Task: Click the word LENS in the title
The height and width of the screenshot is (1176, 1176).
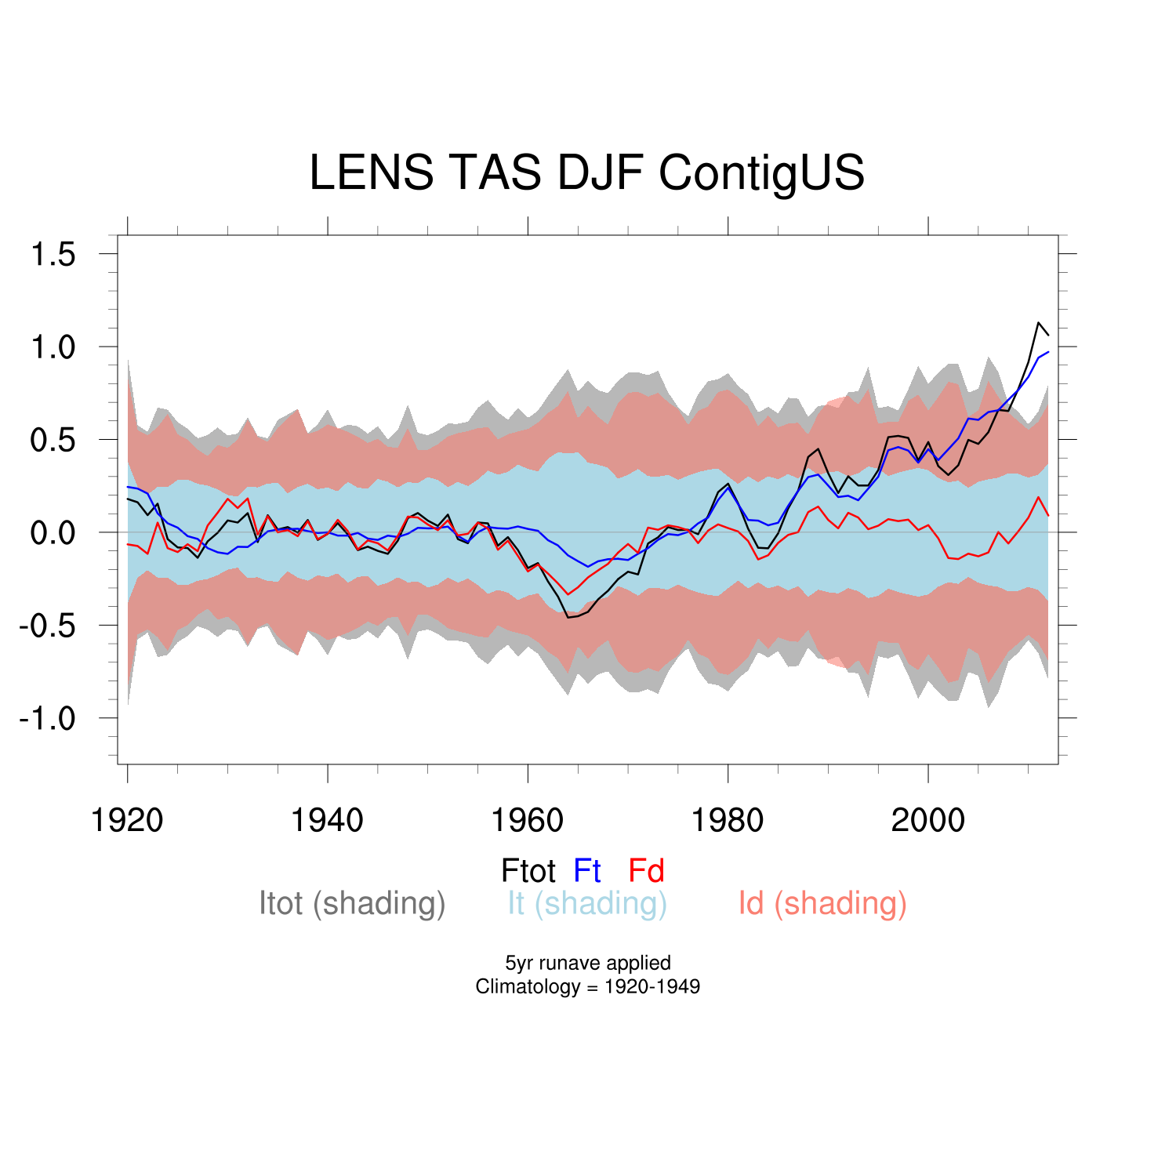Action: click(372, 172)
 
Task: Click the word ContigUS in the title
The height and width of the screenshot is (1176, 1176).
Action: click(761, 172)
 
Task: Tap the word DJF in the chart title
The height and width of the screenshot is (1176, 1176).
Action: click(600, 172)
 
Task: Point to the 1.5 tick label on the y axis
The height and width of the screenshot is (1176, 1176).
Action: click(53, 255)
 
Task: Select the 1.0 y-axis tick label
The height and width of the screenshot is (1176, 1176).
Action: click(53, 347)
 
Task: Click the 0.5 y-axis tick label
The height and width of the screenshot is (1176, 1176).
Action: click(53, 440)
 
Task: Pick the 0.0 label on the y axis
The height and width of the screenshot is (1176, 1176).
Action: click(53, 533)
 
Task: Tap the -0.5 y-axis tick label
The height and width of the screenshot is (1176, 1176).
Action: click(47, 626)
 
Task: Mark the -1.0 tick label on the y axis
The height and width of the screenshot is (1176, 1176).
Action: click(47, 718)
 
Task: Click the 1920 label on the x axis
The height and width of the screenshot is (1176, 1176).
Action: click(127, 820)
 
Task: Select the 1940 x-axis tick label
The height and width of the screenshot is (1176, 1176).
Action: click(327, 820)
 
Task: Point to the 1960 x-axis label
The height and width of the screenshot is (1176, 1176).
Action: click(527, 820)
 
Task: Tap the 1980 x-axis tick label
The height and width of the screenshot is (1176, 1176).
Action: click(727, 820)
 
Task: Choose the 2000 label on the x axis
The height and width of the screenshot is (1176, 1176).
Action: click(927, 820)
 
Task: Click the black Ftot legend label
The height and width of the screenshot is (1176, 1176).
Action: click(528, 871)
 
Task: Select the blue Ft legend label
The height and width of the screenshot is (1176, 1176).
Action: click(587, 871)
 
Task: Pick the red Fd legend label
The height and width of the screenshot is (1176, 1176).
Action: click(646, 871)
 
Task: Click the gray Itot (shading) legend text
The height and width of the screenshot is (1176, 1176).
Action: click(352, 903)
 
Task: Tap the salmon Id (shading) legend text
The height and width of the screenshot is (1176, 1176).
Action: click(822, 903)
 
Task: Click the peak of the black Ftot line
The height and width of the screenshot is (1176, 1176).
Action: click(1038, 322)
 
